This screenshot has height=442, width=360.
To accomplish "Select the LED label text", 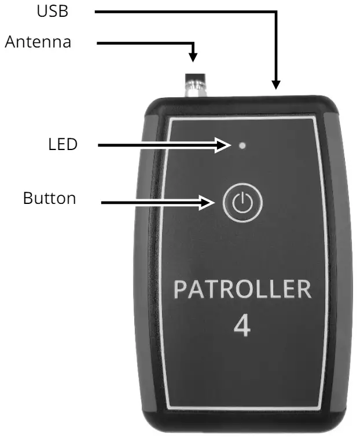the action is (63, 145).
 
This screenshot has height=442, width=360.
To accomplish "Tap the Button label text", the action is (49, 199).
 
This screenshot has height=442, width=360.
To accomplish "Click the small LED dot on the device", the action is (242, 145).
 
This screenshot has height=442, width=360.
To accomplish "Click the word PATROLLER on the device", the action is (243, 290).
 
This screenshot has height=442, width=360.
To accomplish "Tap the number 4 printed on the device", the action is (242, 326).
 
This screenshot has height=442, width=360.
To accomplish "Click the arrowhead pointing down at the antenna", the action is (193, 57).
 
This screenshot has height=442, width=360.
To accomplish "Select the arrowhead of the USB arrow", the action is (277, 85).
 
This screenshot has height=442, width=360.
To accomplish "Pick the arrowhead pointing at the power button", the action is (212, 203).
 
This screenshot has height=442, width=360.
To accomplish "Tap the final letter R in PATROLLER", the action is (303, 290).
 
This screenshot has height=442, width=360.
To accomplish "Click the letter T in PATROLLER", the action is (212, 290).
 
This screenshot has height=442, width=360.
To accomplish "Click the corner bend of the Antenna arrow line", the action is (193, 43).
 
